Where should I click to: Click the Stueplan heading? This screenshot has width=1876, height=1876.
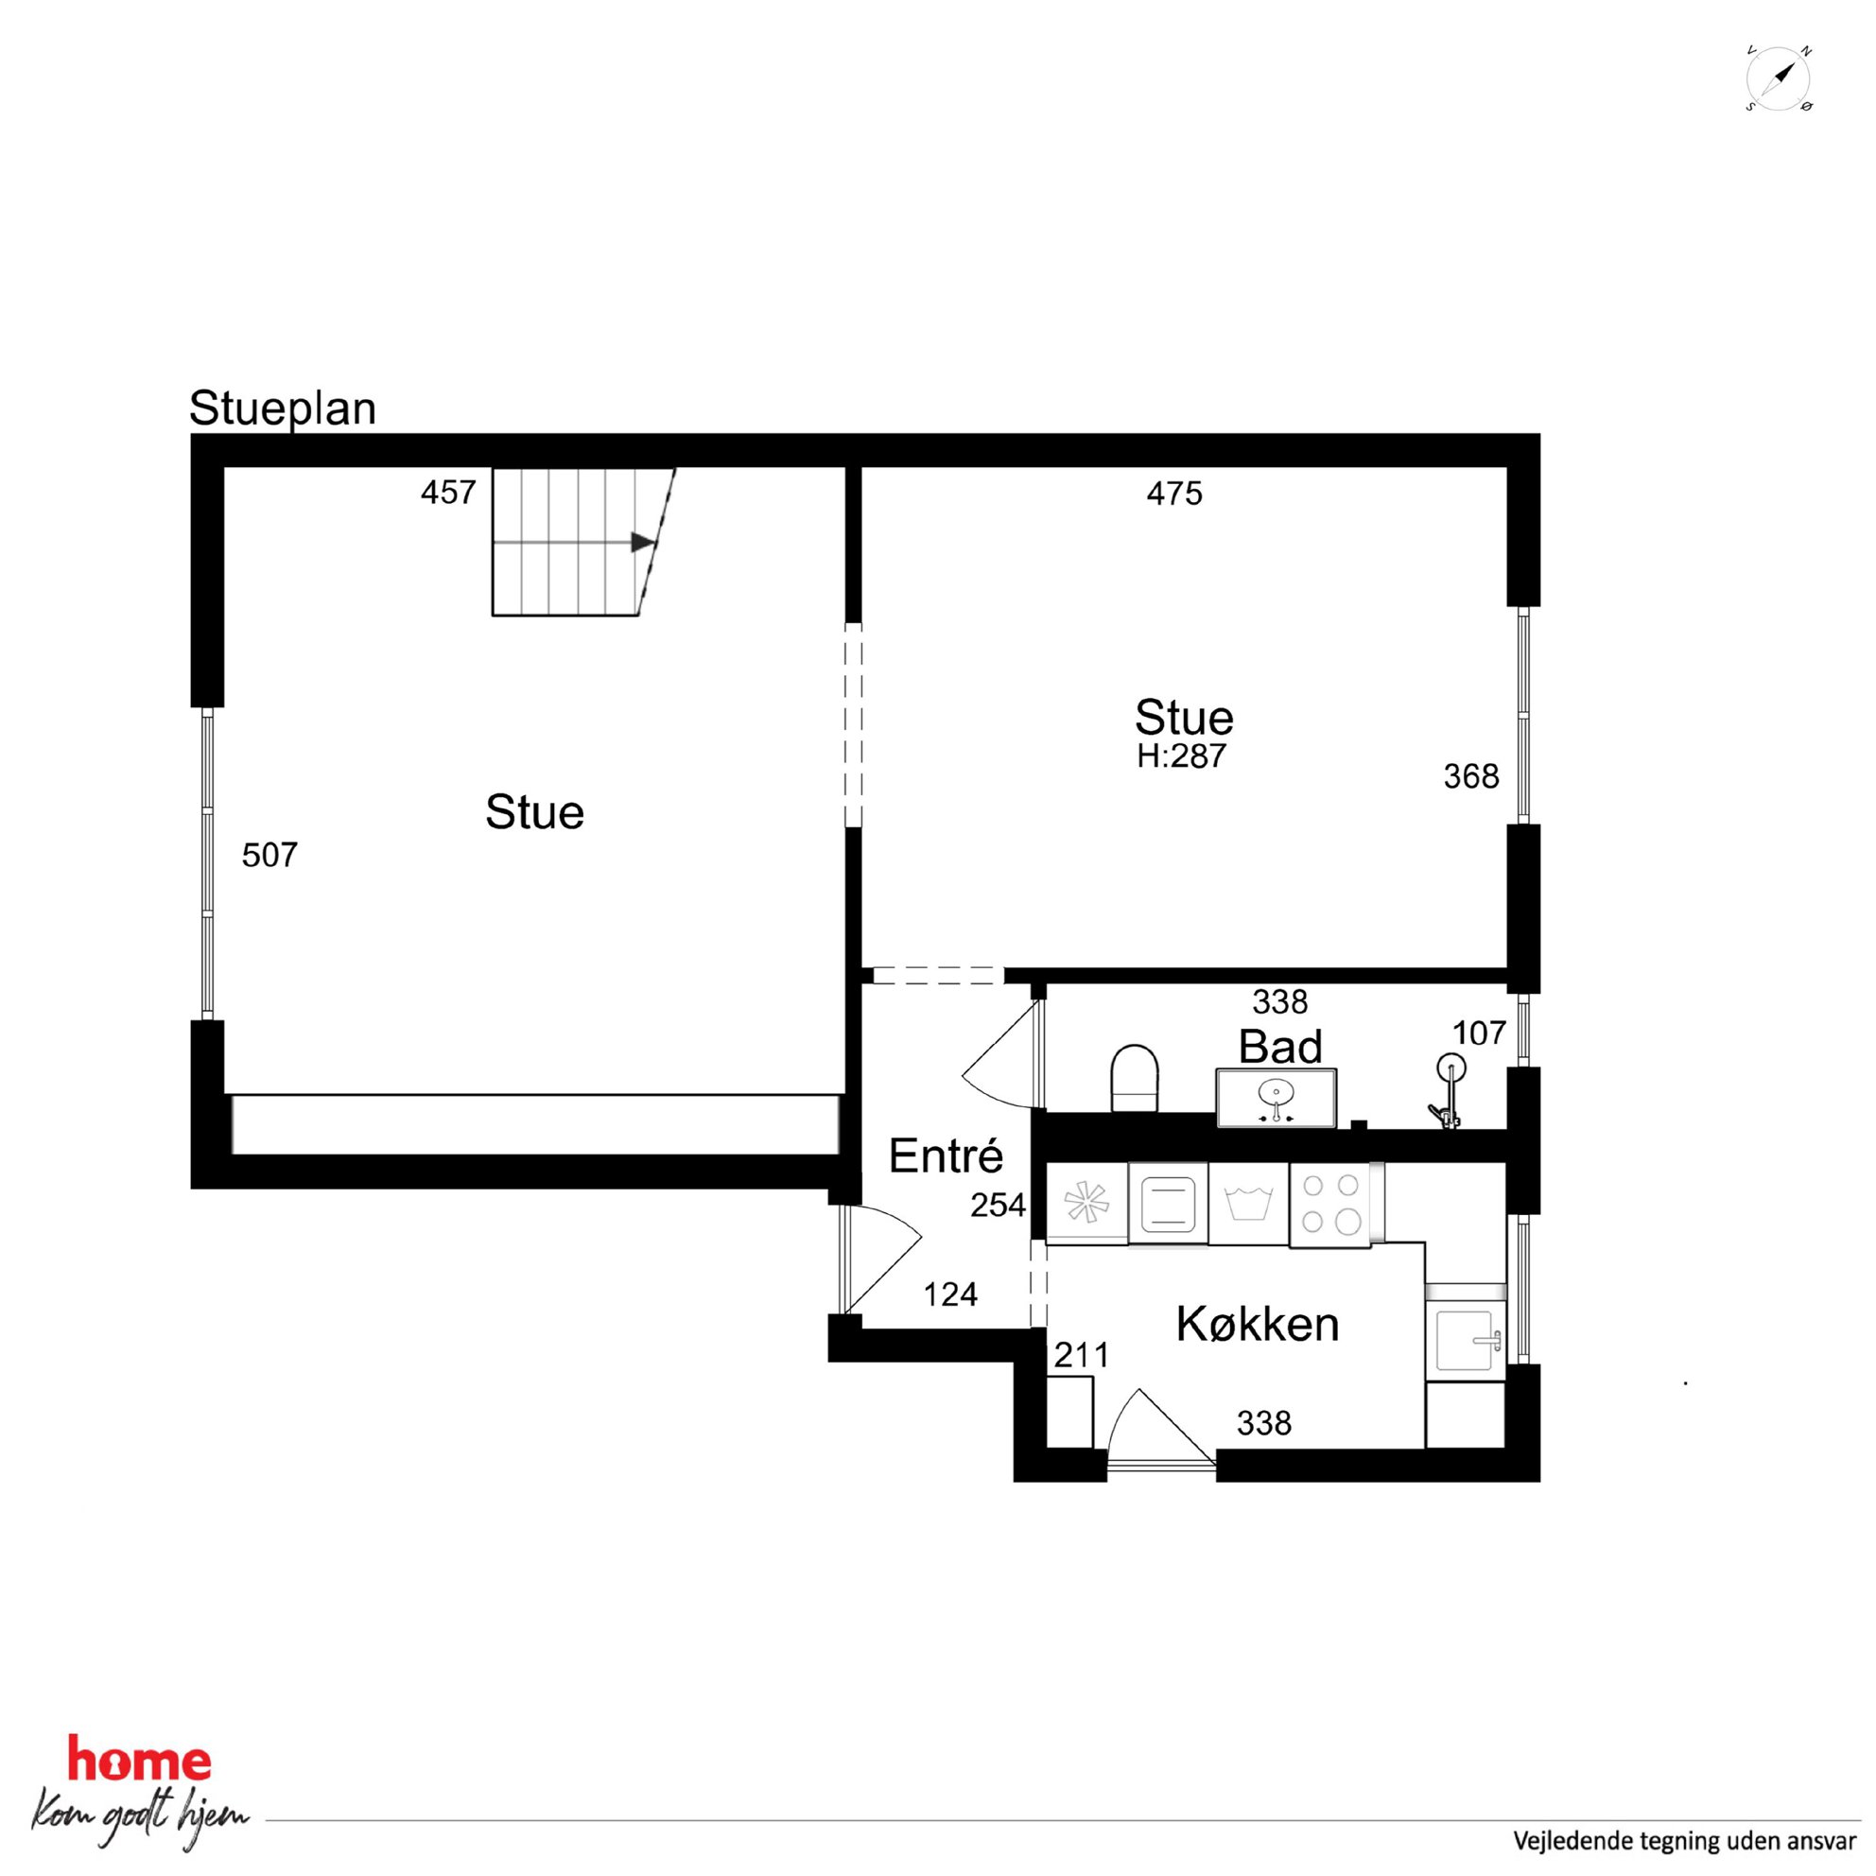283,408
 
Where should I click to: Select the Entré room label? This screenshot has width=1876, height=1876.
946,1156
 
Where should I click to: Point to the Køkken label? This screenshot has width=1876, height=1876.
1258,1325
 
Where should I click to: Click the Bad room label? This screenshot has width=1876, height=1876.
1279,1047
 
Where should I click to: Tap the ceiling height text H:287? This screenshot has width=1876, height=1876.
1182,756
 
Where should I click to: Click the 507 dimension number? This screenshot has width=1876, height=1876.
269,855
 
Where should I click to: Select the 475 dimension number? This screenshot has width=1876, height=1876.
1175,494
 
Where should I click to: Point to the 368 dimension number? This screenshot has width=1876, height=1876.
1471,776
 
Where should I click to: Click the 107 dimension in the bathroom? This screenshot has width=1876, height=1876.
1479,1033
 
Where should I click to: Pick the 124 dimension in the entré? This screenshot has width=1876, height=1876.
950,1294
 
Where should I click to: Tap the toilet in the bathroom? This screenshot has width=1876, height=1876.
1134,1078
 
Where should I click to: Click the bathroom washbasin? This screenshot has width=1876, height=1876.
1276,1098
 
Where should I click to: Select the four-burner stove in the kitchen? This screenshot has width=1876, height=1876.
1329,1204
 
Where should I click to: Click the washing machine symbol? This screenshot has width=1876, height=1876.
1249,1204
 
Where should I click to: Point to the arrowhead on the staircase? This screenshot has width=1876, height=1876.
642,542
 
